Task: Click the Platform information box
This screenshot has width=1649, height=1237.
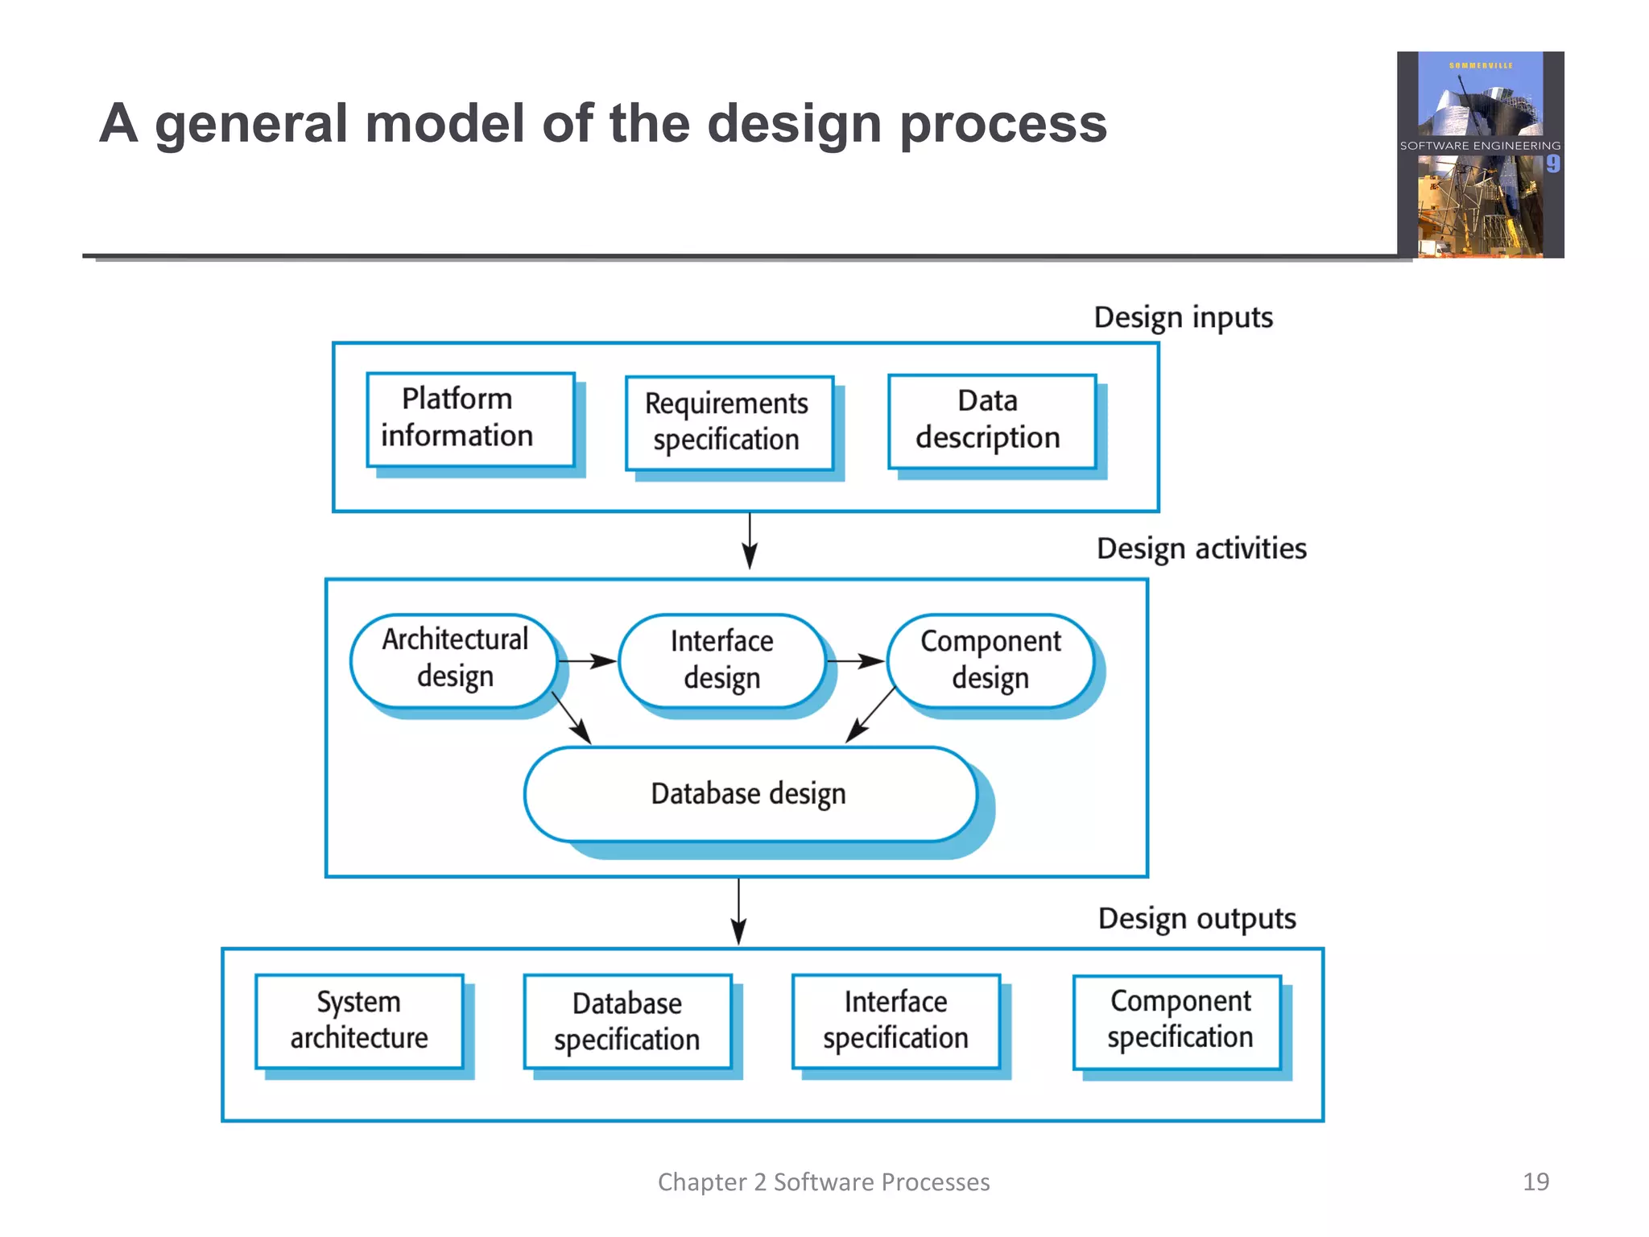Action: point(470,419)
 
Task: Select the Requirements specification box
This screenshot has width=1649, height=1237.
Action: point(729,423)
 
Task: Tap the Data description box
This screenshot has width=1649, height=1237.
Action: point(991,420)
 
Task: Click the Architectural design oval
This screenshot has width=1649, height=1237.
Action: point(454,660)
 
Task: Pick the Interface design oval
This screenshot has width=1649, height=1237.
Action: point(722,661)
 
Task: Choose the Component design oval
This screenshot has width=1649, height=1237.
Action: point(990,661)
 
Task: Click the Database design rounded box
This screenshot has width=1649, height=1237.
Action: point(750,794)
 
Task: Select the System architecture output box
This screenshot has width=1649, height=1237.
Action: point(359,1021)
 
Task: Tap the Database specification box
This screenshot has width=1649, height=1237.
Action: point(627,1022)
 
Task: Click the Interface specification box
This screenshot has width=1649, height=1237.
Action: point(895,1021)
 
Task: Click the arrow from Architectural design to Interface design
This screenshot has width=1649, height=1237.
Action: point(587,661)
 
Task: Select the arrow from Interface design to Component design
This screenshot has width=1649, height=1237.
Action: point(855,661)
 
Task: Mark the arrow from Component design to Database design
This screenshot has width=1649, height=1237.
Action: point(870,715)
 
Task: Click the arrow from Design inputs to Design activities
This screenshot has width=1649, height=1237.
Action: point(750,541)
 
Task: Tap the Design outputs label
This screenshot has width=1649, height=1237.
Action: point(1196,919)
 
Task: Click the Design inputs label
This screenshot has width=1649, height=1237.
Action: point(1183,317)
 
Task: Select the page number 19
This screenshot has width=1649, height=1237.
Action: point(1535,1181)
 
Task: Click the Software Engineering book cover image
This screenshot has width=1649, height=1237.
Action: point(1480,155)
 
